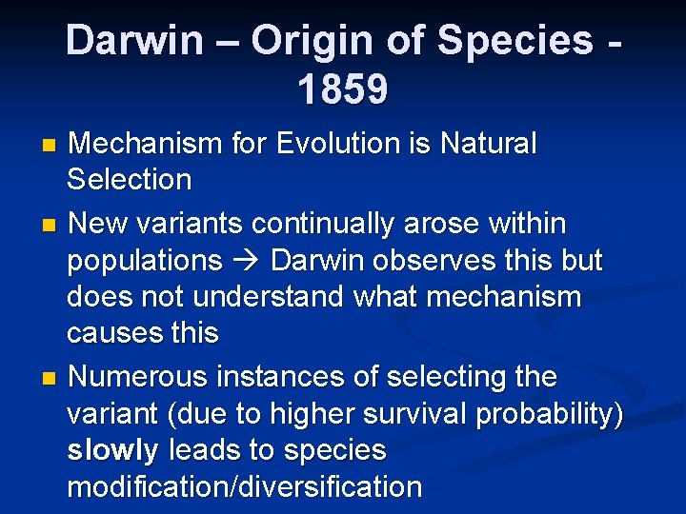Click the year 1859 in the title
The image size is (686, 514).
(342, 89)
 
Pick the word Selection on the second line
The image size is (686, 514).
(130, 180)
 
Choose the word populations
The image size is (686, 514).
(144, 261)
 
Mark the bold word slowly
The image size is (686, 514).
(112, 450)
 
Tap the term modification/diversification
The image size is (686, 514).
(244, 487)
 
